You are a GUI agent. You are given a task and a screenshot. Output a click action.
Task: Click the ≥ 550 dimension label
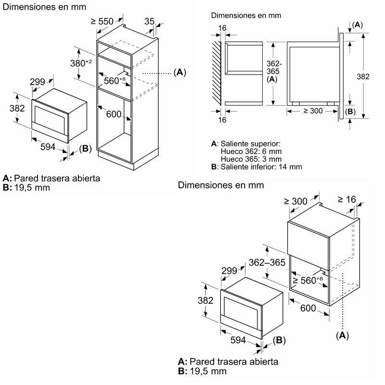pyautogui.click(x=102, y=21)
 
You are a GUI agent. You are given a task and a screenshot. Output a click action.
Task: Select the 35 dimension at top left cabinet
pyautogui.click(x=150, y=21)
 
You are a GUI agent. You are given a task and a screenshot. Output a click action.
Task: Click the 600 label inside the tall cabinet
pyautogui.click(x=114, y=114)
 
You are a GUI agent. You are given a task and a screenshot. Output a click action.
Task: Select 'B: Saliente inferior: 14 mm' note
pyautogui.click(x=257, y=167)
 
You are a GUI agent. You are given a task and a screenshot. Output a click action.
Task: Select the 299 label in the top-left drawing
pyautogui.click(x=38, y=82)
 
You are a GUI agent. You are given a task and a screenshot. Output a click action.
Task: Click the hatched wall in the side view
pyautogui.click(x=217, y=72)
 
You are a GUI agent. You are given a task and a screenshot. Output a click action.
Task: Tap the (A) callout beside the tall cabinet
pyautogui.click(x=179, y=73)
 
